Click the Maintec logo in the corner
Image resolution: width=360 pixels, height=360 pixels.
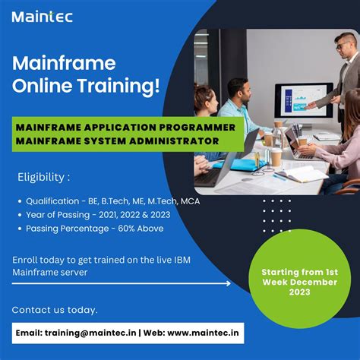tap(43, 15)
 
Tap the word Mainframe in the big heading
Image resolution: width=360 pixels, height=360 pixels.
tap(52, 64)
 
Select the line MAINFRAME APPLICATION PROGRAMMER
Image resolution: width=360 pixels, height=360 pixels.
tap(126, 128)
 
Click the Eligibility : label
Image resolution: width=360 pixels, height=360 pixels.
tap(43, 178)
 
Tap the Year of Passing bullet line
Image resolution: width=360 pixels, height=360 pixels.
tap(97, 215)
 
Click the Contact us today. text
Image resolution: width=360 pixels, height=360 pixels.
tap(55, 310)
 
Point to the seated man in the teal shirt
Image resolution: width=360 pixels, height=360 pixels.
tap(242, 106)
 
